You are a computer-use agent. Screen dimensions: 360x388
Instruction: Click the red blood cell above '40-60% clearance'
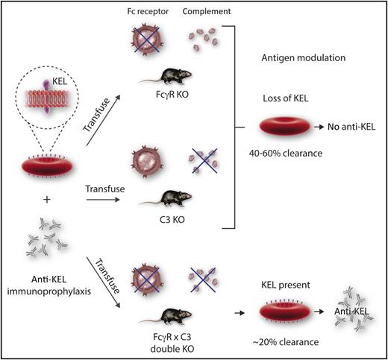click(x=283, y=127)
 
